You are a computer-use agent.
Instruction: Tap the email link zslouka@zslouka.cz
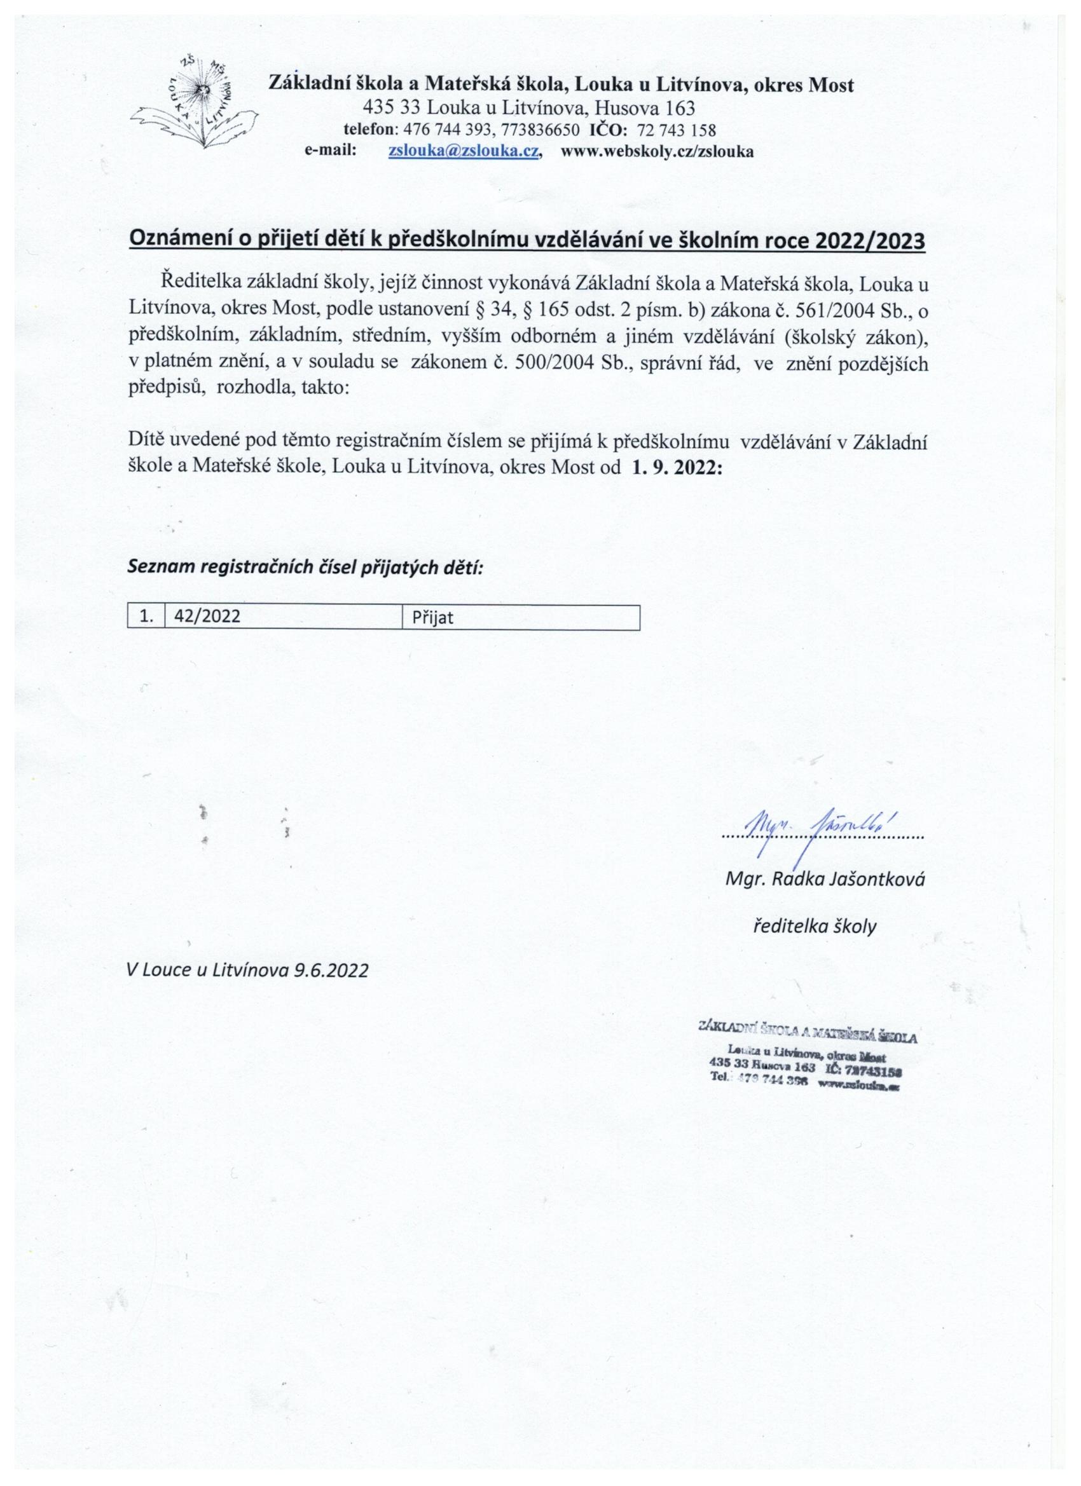(x=464, y=151)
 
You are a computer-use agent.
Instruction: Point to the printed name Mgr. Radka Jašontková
(x=825, y=879)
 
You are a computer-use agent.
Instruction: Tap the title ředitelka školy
(x=813, y=927)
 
